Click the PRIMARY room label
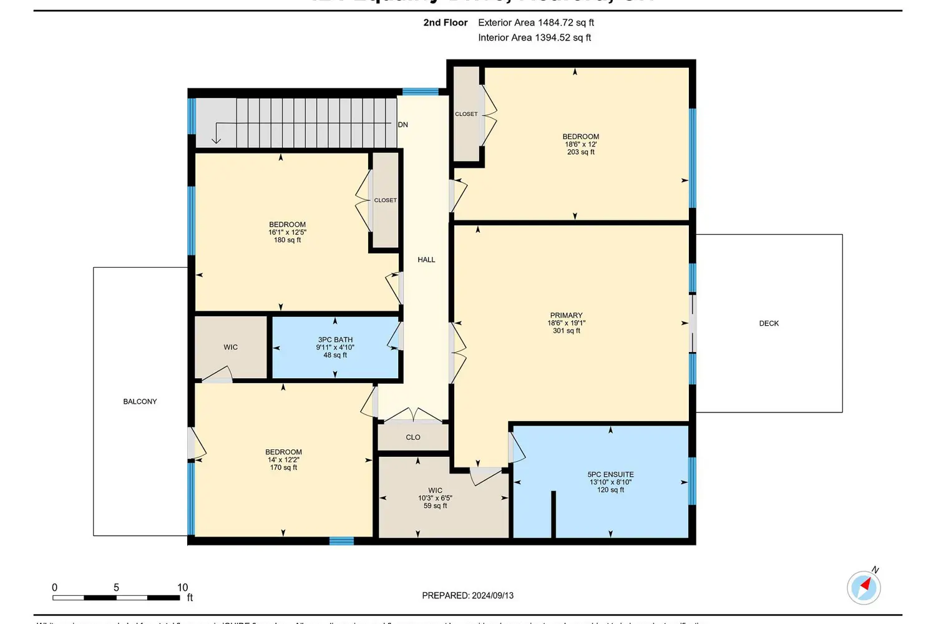566,315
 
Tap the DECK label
769,323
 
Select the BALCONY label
140,401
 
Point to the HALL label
426,260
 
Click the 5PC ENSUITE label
610,474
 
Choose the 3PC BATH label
335,339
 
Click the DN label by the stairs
403,125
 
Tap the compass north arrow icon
864,587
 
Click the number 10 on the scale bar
182,587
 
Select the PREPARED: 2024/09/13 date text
467,595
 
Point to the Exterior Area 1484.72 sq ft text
535,22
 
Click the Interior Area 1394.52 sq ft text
534,37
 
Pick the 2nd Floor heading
445,22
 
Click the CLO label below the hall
413,437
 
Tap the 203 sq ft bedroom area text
580,152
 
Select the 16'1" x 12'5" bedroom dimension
287,232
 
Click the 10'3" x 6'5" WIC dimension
435,498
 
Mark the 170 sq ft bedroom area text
283,467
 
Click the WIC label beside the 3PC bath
231,347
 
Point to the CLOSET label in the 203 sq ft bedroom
466,114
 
